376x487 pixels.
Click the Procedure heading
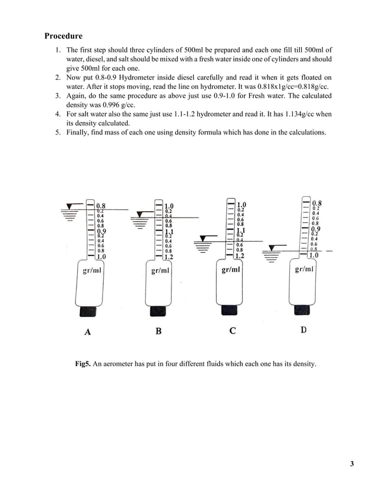[x=64, y=36]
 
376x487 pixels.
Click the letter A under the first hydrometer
[x=88, y=332]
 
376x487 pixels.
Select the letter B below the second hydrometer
[x=159, y=331]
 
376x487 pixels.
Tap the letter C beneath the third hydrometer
[x=233, y=331]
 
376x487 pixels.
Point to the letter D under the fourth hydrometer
[x=304, y=330]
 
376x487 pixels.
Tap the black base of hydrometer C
[x=230, y=310]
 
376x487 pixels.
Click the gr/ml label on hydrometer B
[x=161, y=271]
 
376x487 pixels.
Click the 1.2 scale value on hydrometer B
[x=169, y=257]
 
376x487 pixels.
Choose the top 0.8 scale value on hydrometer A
[x=101, y=206]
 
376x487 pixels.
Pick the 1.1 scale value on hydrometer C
[x=241, y=231]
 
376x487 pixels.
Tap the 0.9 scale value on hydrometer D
[x=316, y=229]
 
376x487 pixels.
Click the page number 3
[x=352, y=463]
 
